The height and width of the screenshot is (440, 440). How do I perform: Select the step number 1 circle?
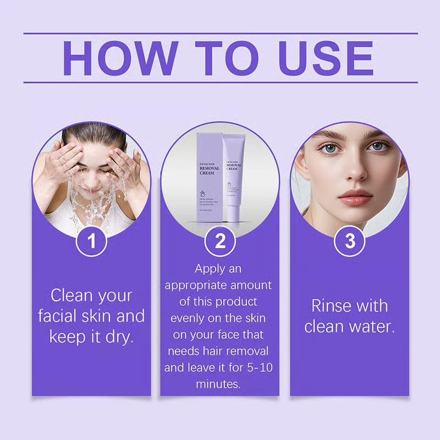91,241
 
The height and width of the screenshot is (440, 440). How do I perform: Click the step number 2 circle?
220,241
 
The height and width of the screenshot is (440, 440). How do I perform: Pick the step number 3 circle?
349,241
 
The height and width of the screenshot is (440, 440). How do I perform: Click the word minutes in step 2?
218,384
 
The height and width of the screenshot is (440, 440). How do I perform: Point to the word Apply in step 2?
210,269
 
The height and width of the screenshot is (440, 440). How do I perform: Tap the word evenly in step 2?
190,318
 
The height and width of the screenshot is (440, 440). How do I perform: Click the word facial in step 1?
59,316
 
